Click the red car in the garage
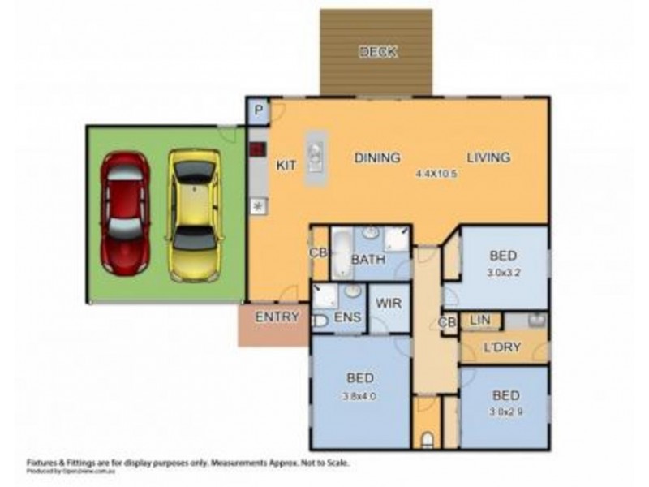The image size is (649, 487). click(x=124, y=213)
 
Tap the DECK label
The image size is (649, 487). click(x=378, y=53)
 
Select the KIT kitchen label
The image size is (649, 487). click(x=286, y=165)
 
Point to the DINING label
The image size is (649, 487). click(x=377, y=157)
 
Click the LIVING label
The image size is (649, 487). click(x=488, y=157)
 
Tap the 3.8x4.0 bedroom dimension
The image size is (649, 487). click(x=359, y=397)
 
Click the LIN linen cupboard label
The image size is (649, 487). click(x=479, y=321)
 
